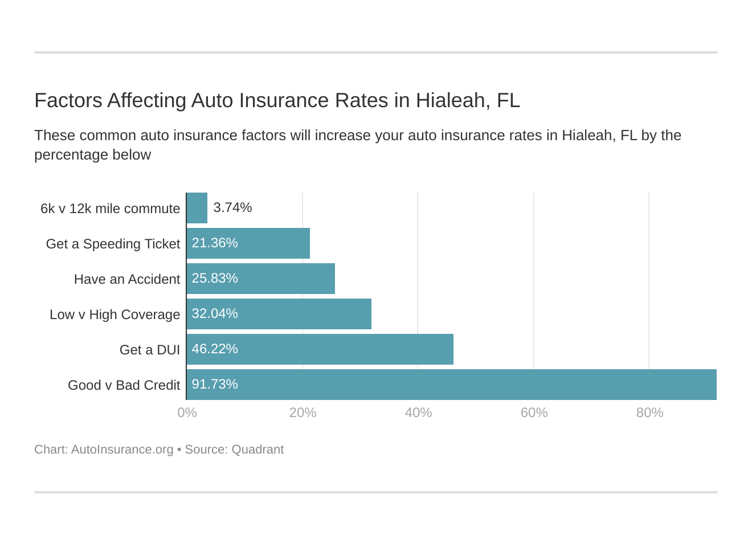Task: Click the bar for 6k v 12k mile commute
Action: pyautogui.click(x=197, y=208)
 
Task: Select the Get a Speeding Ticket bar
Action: pyautogui.click(x=248, y=243)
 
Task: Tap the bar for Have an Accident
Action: pyautogui.click(x=261, y=279)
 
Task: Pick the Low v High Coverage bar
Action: pyautogui.click(x=279, y=314)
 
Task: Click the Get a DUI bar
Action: pyautogui.click(x=320, y=349)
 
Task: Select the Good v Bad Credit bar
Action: pyautogui.click(x=452, y=385)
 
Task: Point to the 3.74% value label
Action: pyautogui.click(x=232, y=207)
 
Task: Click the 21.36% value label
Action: pyautogui.click(x=215, y=243)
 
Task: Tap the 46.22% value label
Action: pyautogui.click(x=215, y=349)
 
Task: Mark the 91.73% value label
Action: pyautogui.click(x=215, y=384)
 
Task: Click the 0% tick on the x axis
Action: pyautogui.click(x=187, y=413)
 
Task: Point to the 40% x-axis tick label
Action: pyautogui.click(x=418, y=413)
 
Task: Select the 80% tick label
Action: pyautogui.click(x=649, y=413)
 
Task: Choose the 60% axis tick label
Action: pyautogui.click(x=534, y=413)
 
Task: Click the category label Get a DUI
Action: pyautogui.click(x=150, y=350)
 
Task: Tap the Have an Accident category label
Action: pyautogui.click(x=127, y=279)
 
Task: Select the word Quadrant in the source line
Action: pyautogui.click(x=258, y=450)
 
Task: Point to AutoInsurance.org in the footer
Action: pyautogui.click(x=122, y=450)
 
